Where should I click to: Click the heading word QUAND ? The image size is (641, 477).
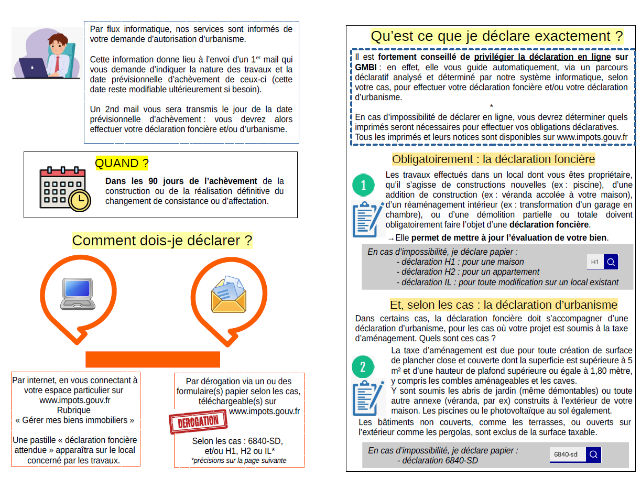pyautogui.click(x=122, y=164)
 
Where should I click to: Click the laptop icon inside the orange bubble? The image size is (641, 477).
pyautogui.click(x=78, y=294)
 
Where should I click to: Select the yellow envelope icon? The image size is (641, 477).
pyautogui.click(x=229, y=295)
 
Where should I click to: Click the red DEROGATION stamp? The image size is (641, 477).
pyautogui.click(x=199, y=422)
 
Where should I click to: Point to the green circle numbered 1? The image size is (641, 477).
pyautogui.click(x=364, y=185)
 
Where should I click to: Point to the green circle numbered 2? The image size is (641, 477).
pyautogui.click(x=363, y=367)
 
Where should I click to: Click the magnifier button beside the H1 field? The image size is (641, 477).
pyautogui.click(x=611, y=262)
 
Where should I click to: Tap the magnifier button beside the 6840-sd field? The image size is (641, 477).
pyautogui.click(x=593, y=454)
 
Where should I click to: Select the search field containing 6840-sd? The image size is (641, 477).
pyautogui.click(x=568, y=454)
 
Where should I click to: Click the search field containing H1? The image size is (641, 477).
pyautogui.click(x=595, y=262)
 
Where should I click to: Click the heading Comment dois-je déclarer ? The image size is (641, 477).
pyautogui.click(x=162, y=241)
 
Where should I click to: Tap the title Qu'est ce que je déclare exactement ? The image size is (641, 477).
pyautogui.click(x=497, y=36)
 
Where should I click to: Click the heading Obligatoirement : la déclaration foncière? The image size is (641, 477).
pyautogui.click(x=493, y=159)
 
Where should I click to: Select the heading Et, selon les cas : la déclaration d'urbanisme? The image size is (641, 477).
pyautogui.click(x=503, y=305)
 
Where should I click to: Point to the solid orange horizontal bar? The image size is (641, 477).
pyautogui.click(x=153, y=359)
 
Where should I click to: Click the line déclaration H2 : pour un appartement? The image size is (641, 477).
pyautogui.click(x=468, y=272)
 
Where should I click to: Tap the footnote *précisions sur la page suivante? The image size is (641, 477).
pyautogui.click(x=238, y=461)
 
